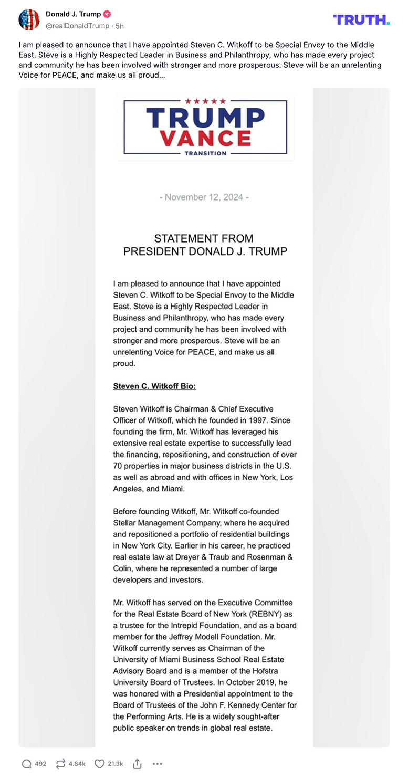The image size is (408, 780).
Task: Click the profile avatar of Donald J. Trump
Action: pos(29,19)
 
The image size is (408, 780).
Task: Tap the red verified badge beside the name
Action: pos(107,14)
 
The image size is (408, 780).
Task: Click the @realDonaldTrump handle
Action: pos(78,25)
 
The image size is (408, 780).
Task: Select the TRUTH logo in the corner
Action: pos(361,20)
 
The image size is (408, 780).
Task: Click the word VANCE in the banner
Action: pos(205,138)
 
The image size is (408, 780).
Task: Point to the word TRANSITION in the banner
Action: pos(205,153)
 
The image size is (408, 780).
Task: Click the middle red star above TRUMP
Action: pos(205,101)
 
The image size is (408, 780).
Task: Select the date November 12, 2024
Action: pos(204,197)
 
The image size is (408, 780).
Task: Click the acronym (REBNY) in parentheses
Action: pos(254,614)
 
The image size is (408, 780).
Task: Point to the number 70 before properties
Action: pos(118,466)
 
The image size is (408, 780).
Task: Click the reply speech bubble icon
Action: pos(27,764)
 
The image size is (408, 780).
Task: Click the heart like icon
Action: pos(99,764)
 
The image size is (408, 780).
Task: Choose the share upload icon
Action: pos(137,764)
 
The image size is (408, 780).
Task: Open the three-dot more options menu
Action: pos(158,764)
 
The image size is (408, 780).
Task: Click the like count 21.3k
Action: pos(116,764)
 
